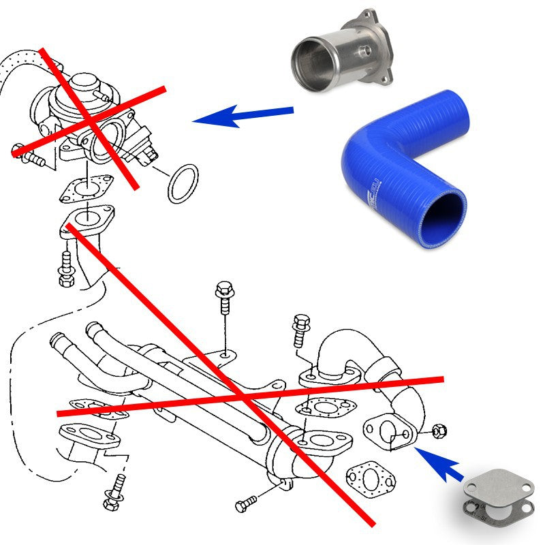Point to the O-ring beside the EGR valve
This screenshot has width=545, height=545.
click(183, 183)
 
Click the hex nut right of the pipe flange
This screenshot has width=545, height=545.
click(439, 431)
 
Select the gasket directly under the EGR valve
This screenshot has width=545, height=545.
click(86, 189)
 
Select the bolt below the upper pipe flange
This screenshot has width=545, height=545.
click(67, 267)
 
